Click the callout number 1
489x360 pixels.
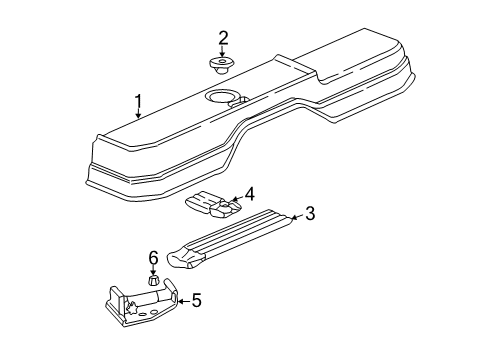[x=140, y=100]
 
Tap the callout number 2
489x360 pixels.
[x=224, y=38]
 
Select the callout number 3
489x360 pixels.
[x=310, y=213]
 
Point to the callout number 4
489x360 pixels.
[x=250, y=194]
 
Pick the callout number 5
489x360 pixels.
[x=196, y=299]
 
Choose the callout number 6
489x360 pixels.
[x=154, y=258]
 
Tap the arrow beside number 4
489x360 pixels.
[x=235, y=198]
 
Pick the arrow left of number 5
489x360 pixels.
[x=181, y=300]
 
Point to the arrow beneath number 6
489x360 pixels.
[x=154, y=271]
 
